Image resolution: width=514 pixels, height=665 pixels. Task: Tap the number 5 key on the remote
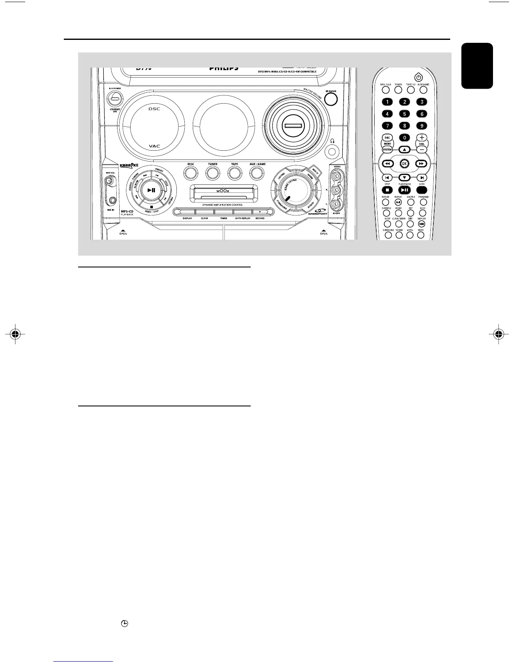(404, 114)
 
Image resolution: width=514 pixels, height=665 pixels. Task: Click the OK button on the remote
(404, 164)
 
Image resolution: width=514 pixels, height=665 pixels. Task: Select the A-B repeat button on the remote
(398, 202)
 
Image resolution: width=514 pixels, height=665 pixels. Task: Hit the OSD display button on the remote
(422, 224)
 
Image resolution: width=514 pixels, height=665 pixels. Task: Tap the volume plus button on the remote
(422, 137)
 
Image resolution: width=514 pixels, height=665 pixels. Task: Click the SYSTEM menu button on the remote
(387, 149)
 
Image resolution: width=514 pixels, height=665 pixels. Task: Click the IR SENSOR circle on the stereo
(331, 99)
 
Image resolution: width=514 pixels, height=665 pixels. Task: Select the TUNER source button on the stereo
(212, 173)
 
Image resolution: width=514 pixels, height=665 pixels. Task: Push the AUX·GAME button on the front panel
(257, 173)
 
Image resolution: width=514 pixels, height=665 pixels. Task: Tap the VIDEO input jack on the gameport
(336, 177)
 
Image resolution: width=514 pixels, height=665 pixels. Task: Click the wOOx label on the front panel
(224, 191)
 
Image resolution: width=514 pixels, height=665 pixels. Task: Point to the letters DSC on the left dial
(154, 109)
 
